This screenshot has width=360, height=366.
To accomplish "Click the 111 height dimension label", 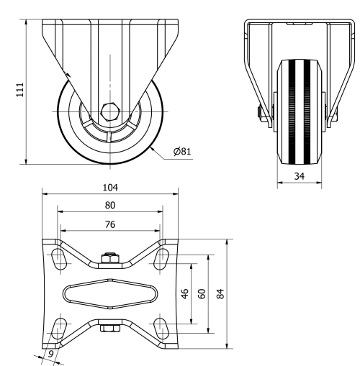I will [x=20, y=89].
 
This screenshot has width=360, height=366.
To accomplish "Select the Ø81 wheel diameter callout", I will [x=181, y=152].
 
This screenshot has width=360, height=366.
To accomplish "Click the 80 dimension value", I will [x=109, y=206].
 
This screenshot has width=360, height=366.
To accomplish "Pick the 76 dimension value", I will [x=109, y=224].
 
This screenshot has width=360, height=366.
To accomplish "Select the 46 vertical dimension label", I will [x=184, y=295].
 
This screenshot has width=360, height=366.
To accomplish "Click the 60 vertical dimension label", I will [x=202, y=295].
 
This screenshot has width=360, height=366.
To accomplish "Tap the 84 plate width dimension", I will [x=221, y=295].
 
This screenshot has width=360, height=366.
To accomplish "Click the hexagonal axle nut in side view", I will [x=110, y=111].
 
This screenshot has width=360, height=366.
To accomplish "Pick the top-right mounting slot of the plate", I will [x=163, y=259].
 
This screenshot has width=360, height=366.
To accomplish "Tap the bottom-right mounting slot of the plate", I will [x=163, y=329].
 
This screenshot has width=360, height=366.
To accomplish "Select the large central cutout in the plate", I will [x=109, y=294].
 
